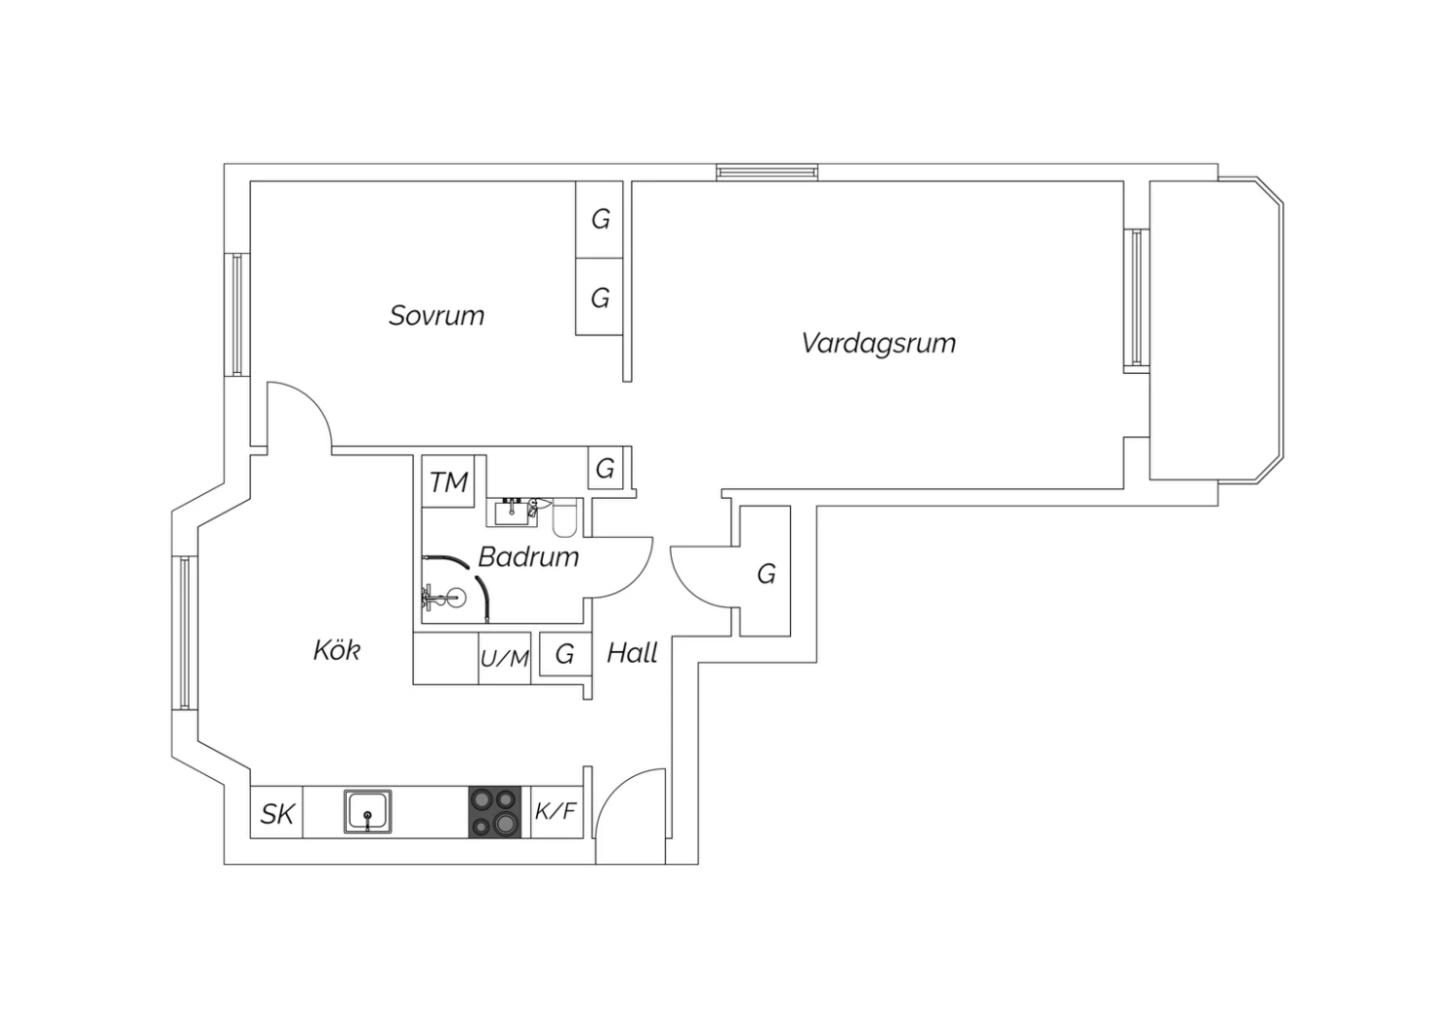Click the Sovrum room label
point(437,316)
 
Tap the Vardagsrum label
point(878,343)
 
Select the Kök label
point(336,650)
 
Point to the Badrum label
point(528,557)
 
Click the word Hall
point(632,653)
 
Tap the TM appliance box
point(448,482)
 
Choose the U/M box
point(504,659)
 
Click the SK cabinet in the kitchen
point(276,812)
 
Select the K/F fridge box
point(556,812)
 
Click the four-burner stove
point(494,812)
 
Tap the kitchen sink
point(367,811)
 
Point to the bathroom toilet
point(565,517)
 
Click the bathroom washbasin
point(512,513)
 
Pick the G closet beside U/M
point(565,654)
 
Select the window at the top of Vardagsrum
point(768,172)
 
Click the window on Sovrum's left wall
point(237,315)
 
